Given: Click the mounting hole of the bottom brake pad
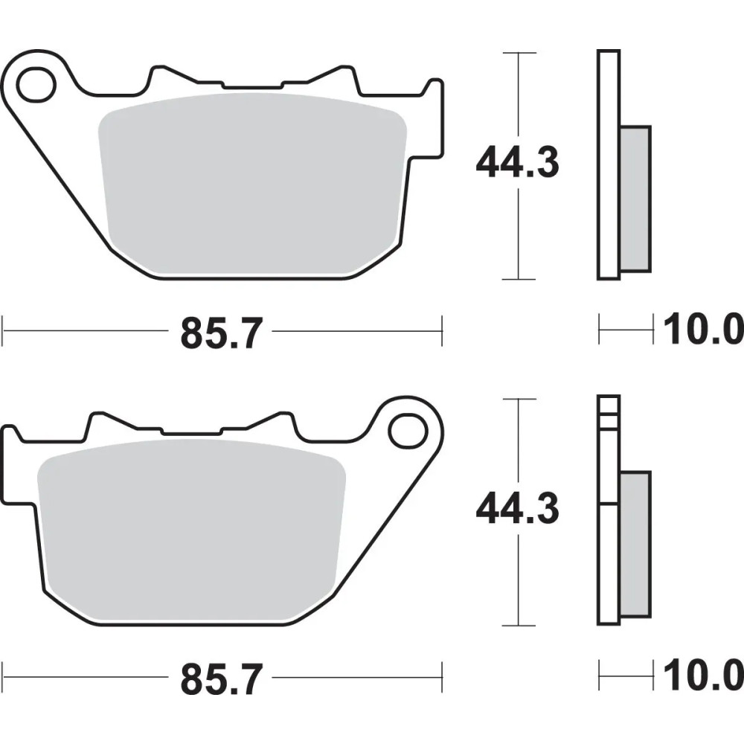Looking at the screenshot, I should (x=404, y=430).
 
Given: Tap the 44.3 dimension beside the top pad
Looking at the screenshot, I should (x=516, y=164).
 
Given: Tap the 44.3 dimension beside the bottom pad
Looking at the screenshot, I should (x=516, y=510).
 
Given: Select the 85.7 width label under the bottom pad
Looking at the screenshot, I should (x=222, y=679).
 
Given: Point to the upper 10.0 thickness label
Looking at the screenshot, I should (x=702, y=330).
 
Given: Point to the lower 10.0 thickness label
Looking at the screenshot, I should (x=702, y=676).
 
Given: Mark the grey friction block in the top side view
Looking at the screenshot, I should (x=635, y=199).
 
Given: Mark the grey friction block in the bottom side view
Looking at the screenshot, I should (x=635, y=545).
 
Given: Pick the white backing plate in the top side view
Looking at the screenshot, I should (x=608, y=164).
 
